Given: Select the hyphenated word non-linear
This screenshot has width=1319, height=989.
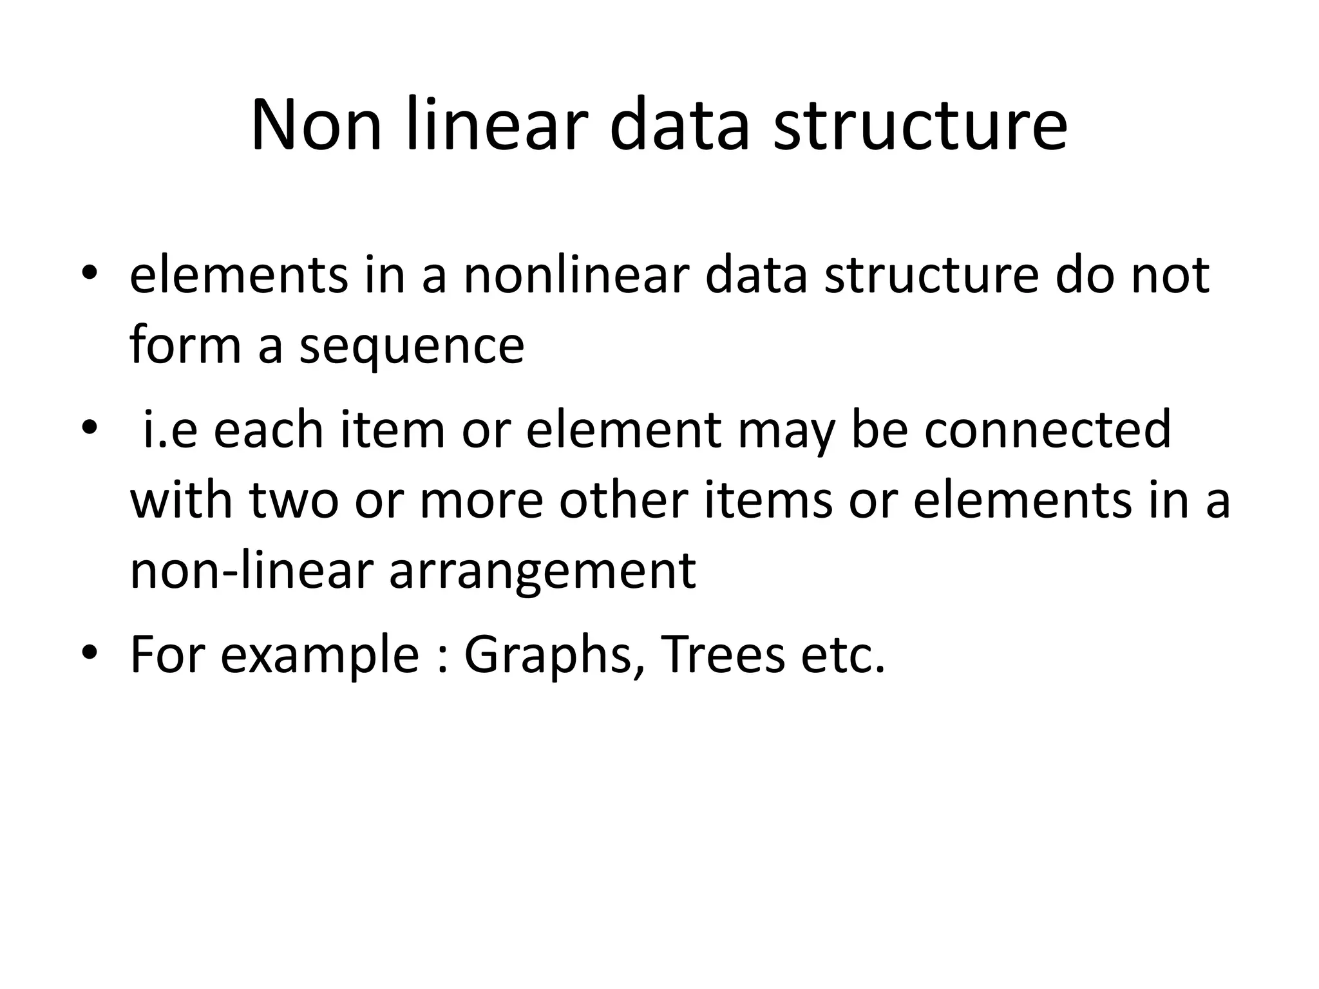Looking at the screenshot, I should pyautogui.click(x=252, y=570).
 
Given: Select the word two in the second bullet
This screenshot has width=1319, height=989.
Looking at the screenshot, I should pyautogui.click(x=294, y=502).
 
